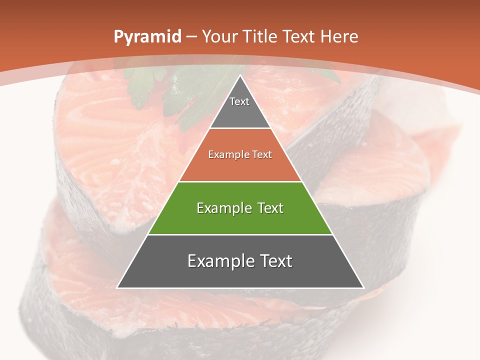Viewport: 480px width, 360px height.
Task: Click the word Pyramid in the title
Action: coord(147,37)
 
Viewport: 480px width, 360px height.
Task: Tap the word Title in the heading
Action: coord(261,36)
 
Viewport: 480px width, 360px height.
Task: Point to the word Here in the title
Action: coord(339,36)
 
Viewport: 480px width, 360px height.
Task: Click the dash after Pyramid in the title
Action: coord(191,37)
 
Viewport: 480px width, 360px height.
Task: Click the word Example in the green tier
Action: coord(223,208)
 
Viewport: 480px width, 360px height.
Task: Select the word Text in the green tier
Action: coord(268,208)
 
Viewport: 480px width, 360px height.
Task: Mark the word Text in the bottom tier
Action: coord(274,261)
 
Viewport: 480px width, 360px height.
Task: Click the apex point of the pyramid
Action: coord(240,76)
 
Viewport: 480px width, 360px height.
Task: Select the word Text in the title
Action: coord(300,36)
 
